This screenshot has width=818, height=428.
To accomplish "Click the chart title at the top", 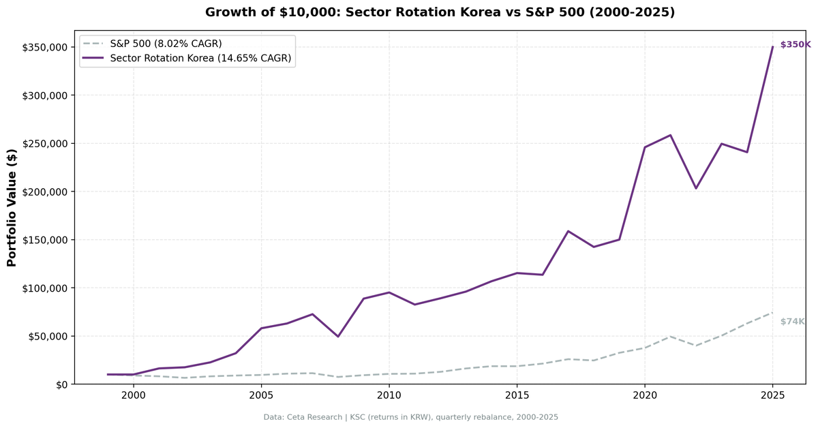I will [x=440, y=12].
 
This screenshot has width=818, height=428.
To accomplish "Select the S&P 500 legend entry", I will [x=166, y=44].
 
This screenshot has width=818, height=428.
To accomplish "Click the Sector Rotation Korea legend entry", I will [x=200, y=59].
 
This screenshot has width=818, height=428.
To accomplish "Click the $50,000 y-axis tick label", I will [x=46, y=336].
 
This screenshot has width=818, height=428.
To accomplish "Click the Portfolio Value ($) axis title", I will [x=12, y=207].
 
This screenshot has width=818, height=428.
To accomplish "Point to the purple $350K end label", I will [x=795, y=44].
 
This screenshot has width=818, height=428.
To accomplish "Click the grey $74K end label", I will [x=792, y=322].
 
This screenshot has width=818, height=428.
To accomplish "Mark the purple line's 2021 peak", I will [x=670, y=135].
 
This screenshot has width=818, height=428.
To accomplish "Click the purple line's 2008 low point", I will [x=337, y=336].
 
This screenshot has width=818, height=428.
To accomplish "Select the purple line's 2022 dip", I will [x=696, y=188].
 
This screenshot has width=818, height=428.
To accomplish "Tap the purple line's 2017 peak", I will [x=568, y=231].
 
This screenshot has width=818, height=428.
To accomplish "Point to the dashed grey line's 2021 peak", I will [x=670, y=336].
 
